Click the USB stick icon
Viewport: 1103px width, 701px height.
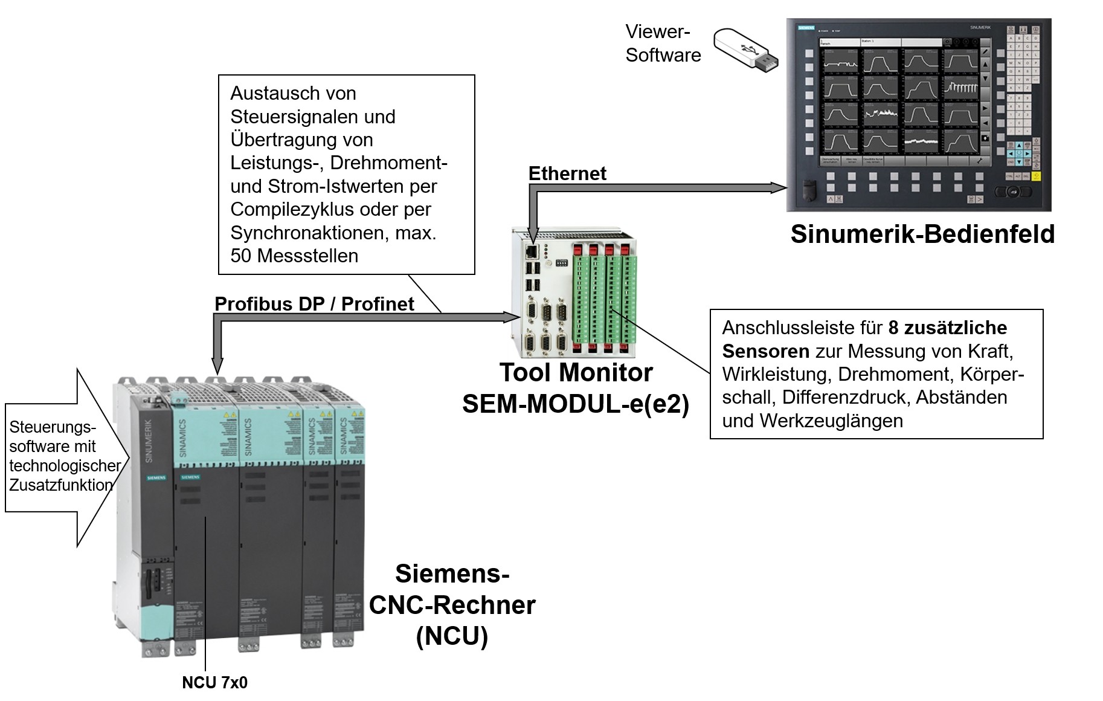(x=745, y=50)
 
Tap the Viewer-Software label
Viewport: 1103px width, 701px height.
(x=663, y=43)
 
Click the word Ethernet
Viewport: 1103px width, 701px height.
(x=567, y=173)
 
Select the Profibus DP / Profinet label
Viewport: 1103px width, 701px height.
(x=314, y=303)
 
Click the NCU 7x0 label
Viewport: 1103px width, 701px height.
(x=214, y=682)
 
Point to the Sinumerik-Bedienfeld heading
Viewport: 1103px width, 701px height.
(x=922, y=234)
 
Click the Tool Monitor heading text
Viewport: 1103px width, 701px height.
(x=576, y=372)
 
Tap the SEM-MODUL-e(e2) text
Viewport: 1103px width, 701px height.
(x=576, y=404)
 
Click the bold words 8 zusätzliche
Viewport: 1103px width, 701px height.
(x=947, y=328)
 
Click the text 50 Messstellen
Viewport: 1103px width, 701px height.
(x=294, y=256)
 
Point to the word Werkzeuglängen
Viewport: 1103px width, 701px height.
(x=831, y=421)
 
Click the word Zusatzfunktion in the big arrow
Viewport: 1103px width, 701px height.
(x=61, y=485)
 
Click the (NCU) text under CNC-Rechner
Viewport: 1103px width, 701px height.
(x=452, y=636)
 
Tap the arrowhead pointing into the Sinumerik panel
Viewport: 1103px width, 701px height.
(x=780, y=187)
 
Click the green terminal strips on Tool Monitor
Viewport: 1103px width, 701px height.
(x=604, y=299)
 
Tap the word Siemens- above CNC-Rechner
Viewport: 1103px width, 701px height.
(x=452, y=573)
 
